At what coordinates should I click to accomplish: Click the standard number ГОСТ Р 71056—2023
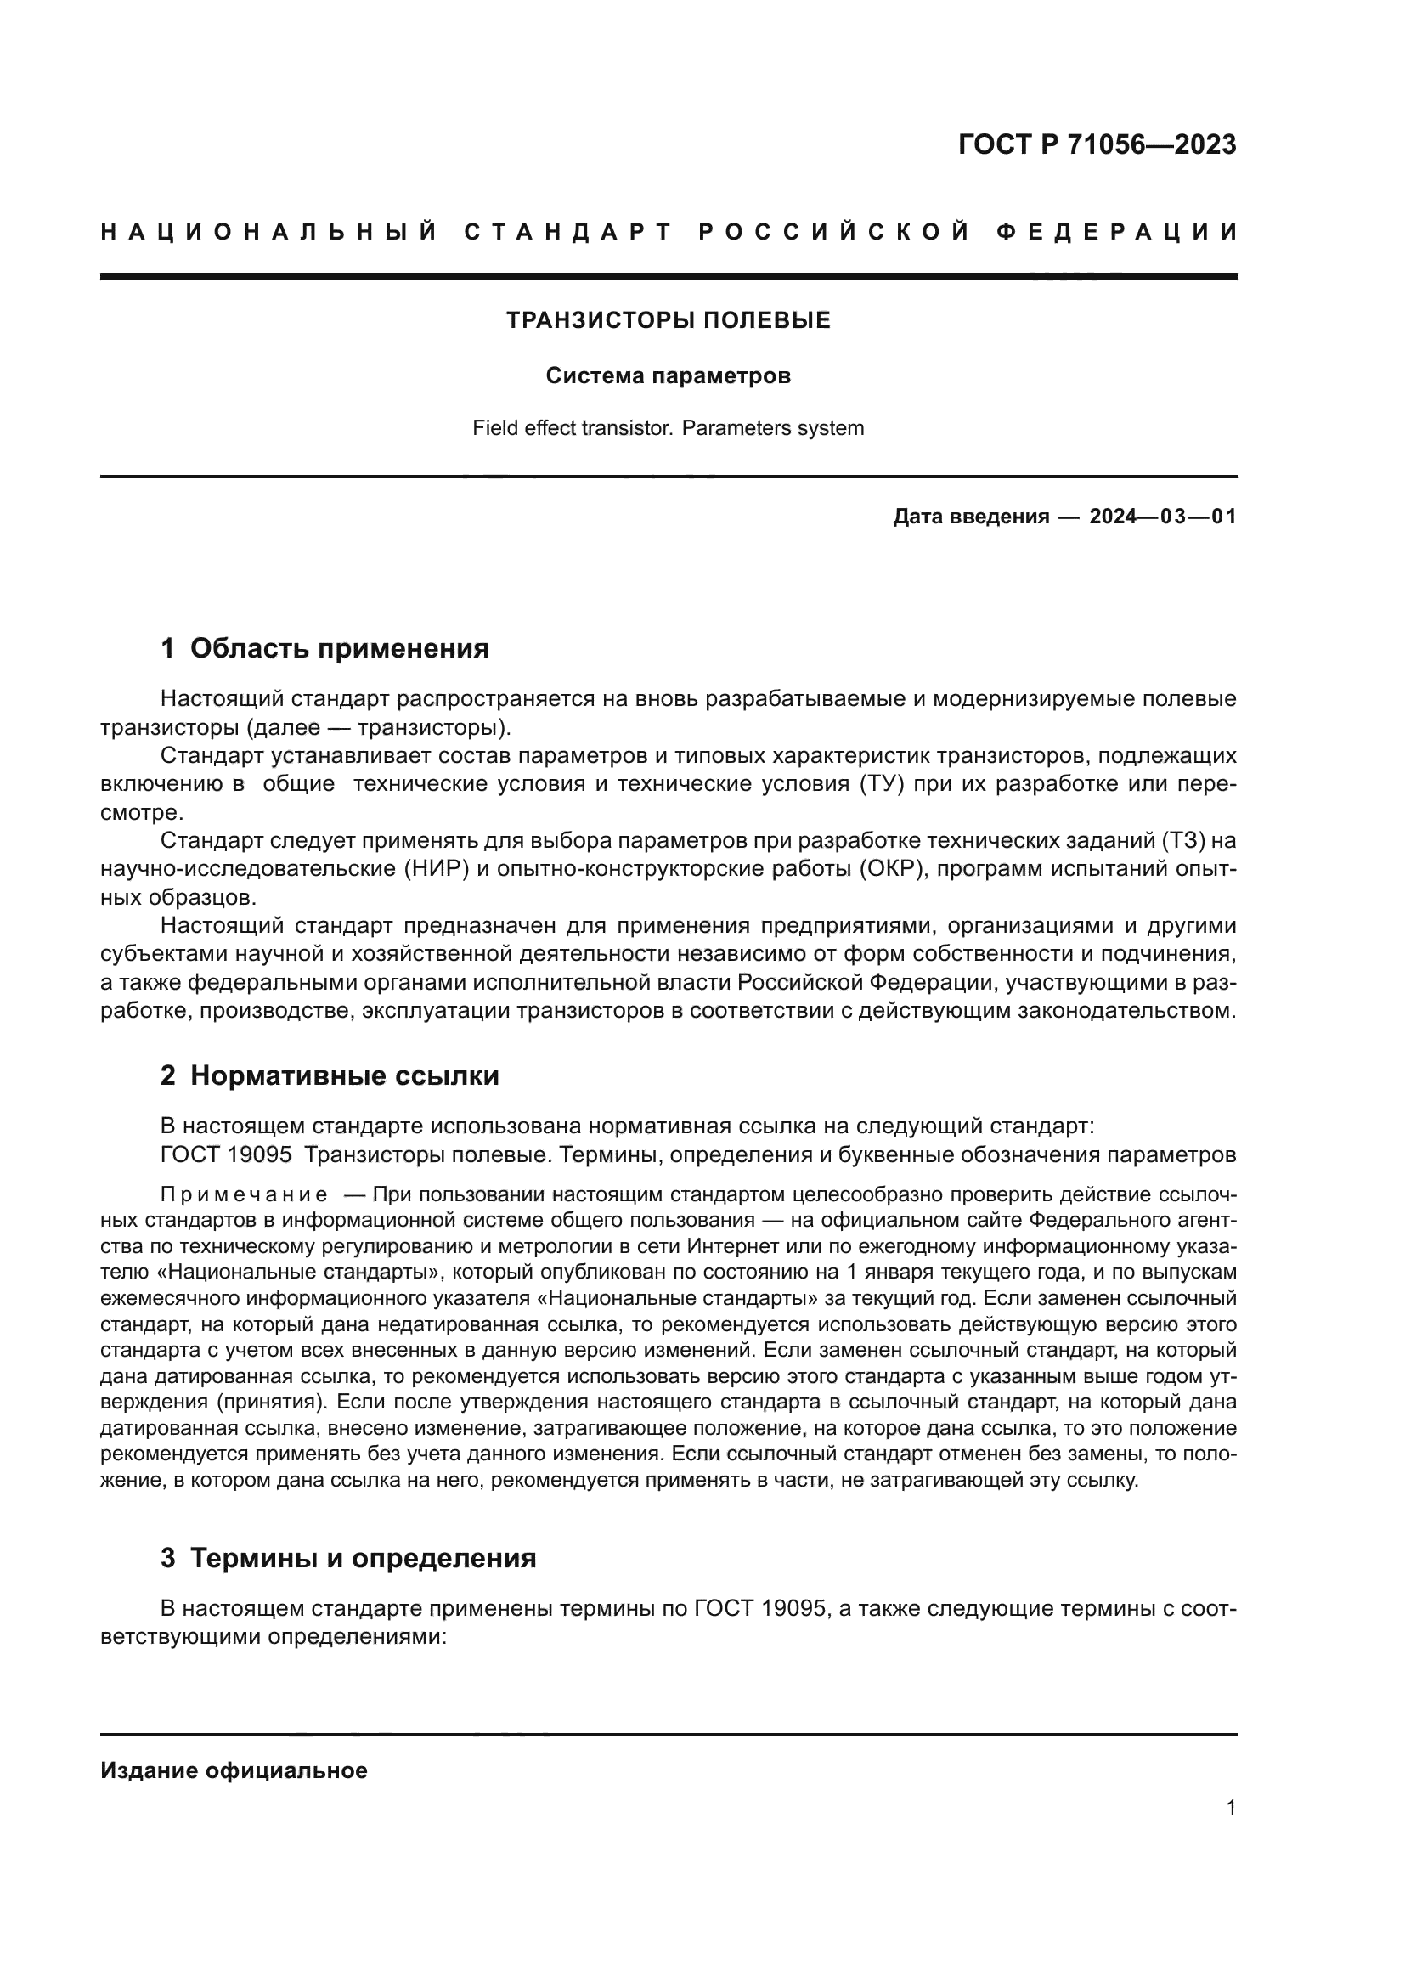tap(1096, 144)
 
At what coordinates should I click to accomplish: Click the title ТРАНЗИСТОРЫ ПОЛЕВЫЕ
tap(668, 321)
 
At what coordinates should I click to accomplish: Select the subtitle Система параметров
tap(668, 376)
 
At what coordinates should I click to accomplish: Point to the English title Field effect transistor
tap(572, 428)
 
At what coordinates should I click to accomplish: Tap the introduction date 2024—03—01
tap(1163, 517)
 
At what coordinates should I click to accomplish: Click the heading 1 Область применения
tap(324, 648)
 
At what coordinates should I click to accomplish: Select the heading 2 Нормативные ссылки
tap(330, 1075)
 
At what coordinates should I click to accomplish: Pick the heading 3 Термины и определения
tap(347, 1534)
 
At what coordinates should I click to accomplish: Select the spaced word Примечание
tap(244, 1195)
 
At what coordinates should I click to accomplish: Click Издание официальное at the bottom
tap(234, 1770)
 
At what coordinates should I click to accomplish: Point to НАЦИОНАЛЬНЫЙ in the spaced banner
tap(269, 232)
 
